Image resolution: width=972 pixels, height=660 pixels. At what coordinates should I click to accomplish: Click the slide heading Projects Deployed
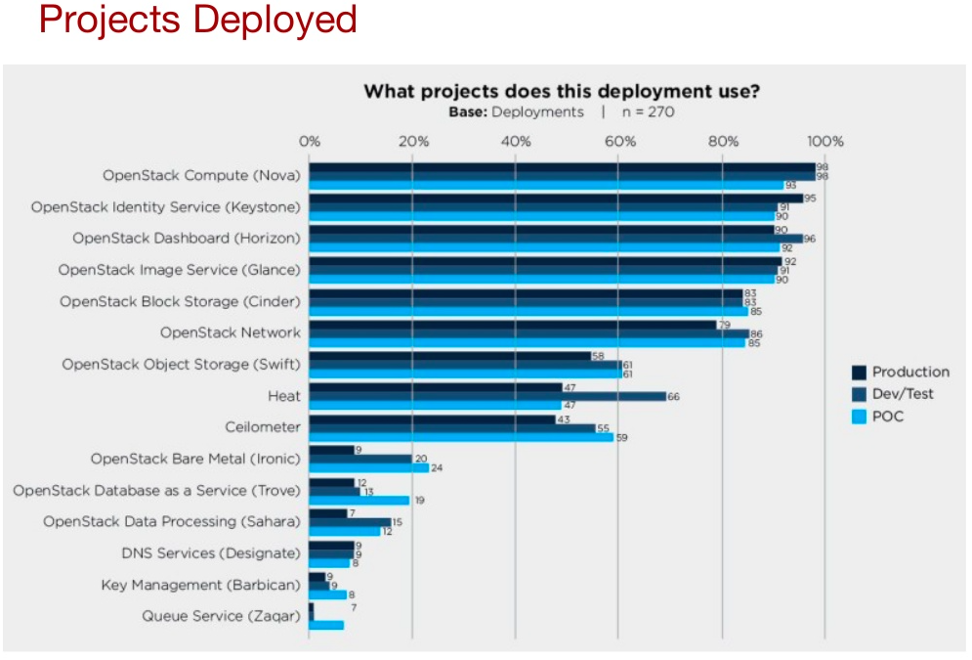pos(197,21)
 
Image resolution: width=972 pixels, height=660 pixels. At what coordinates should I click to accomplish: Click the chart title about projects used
pos(562,92)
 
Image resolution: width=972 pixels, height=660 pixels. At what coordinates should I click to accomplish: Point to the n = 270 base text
pos(646,111)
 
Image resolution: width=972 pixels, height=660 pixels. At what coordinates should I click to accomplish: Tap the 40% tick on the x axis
pos(515,141)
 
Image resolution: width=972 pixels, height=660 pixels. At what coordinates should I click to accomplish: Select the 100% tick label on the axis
pos(825,141)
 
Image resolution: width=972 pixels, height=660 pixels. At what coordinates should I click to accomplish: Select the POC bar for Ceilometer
pos(461,437)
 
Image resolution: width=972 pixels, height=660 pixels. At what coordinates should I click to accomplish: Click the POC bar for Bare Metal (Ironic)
pos(369,468)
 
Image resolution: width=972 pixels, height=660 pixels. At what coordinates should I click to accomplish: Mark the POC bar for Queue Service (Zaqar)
pos(326,625)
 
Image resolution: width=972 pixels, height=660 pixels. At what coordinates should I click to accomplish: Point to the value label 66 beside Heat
pos(673,396)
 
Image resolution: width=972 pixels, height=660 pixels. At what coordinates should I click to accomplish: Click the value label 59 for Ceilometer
pos(621,437)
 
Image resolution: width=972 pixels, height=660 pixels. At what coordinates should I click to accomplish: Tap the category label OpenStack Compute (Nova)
pos(201,176)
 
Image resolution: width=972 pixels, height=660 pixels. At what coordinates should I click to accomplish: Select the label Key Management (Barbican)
pos(200,585)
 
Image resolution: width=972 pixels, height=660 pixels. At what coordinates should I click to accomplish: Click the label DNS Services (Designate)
pos(210,553)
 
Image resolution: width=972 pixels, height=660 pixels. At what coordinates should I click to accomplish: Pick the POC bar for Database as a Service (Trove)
pos(359,500)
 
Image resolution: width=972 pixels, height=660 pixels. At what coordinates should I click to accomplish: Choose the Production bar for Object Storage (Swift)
pos(450,356)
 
